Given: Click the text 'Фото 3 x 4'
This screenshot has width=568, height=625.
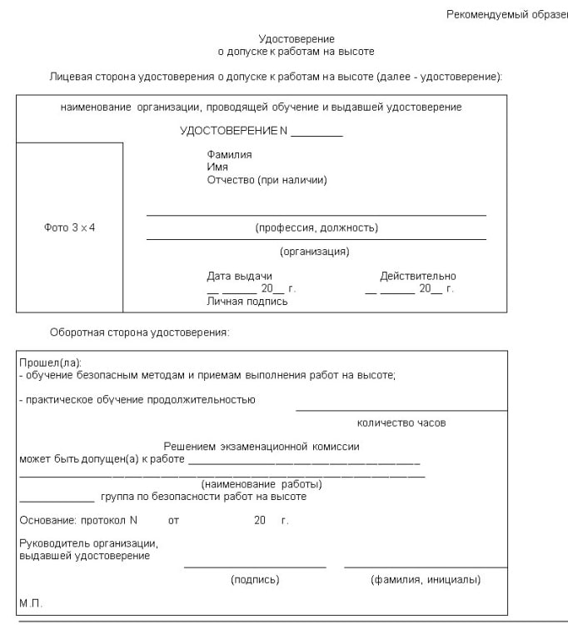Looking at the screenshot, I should click(x=69, y=227).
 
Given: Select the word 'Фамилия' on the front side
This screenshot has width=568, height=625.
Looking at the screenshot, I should click(x=229, y=155).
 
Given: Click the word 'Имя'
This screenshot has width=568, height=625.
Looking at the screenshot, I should click(x=217, y=167).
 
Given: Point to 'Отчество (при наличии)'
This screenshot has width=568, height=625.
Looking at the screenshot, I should click(x=267, y=179).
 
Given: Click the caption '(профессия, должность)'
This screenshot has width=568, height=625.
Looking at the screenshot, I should click(x=316, y=227).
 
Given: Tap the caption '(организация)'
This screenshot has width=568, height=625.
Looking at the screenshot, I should click(x=315, y=252).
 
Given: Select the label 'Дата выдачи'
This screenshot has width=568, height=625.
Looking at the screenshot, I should click(x=239, y=277).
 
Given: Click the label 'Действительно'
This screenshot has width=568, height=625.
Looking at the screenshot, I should click(x=417, y=277).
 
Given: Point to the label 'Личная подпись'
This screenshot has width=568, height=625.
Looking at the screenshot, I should click(x=247, y=301).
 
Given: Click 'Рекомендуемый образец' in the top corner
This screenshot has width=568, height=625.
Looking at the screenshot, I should click(x=506, y=14).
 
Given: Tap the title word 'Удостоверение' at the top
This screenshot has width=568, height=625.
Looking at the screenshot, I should click(x=296, y=39).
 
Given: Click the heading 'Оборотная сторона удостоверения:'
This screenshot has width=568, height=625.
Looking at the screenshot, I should click(x=139, y=332).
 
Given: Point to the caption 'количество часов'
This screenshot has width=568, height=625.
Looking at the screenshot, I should click(x=401, y=423).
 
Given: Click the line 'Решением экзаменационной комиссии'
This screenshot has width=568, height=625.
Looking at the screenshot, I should click(x=262, y=447).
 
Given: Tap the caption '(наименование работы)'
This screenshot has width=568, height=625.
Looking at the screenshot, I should click(x=262, y=484).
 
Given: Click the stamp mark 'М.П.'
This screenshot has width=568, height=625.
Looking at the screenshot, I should click(x=31, y=602).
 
